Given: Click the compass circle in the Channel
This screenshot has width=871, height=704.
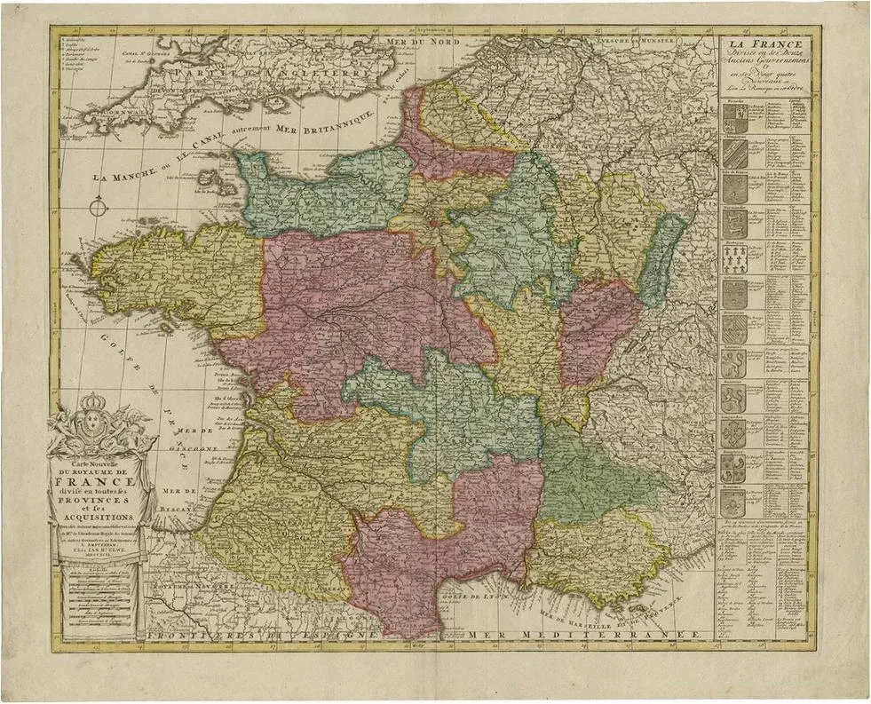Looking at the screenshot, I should tap(99, 210).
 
